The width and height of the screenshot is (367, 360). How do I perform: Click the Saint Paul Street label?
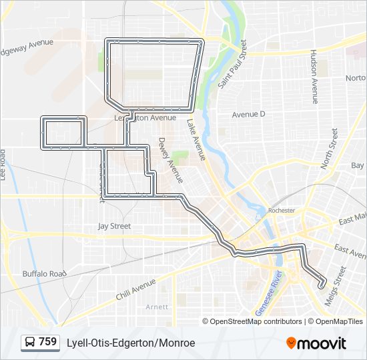232,65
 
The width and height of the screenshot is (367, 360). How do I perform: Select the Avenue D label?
248,114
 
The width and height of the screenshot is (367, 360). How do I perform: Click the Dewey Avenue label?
170,161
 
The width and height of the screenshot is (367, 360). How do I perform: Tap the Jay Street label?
114,226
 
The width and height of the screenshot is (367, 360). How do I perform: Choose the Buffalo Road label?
45,273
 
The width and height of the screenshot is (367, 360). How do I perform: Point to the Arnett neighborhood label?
157,307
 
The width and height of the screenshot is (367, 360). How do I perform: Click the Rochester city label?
281,210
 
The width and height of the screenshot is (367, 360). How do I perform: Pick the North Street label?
329,148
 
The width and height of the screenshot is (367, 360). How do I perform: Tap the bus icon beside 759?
31,343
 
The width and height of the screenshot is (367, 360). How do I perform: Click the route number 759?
47,342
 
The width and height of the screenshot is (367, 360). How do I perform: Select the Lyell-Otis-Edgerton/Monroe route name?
131,343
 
